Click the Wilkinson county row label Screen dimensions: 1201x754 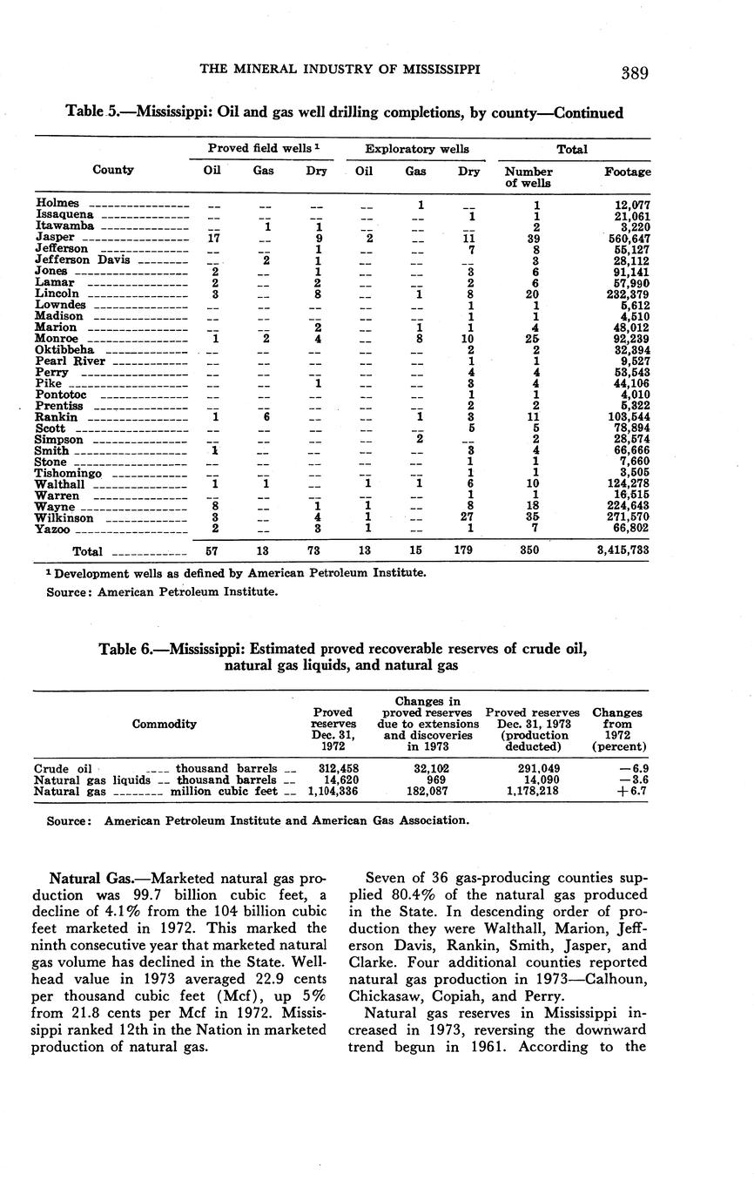coord(64,518)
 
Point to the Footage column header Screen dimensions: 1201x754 coord(627,172)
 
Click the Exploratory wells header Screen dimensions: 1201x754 coord(417,149)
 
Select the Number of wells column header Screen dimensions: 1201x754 coord(528,178)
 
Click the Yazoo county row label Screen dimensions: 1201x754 coord(52,530)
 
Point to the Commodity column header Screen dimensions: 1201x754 coord(164,724)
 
